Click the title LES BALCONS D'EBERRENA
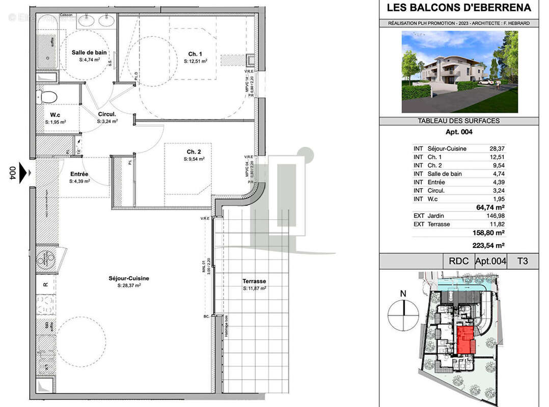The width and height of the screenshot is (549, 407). point(459,8)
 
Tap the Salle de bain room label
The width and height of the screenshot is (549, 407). point(89,52)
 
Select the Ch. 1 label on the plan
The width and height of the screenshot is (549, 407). point(195,54)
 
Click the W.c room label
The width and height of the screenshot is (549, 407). point(56,115)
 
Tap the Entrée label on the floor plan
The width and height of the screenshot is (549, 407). point(79,174)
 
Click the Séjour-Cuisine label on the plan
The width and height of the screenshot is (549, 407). point(128,278)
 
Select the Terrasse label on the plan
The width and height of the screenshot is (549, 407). point(254,281)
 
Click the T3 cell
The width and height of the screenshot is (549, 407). point(523,261)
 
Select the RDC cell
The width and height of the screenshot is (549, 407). point(458,261)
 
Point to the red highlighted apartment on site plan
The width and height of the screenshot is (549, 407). point(465,340)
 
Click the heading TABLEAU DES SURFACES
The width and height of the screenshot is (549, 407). point(458,121)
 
